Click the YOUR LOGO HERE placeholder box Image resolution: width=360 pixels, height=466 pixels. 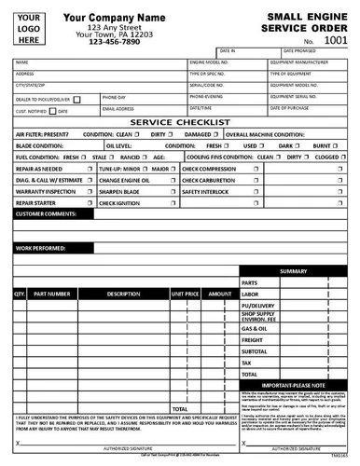29,29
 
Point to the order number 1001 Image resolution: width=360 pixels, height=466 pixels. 333,41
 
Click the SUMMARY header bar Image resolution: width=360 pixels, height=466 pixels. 294,271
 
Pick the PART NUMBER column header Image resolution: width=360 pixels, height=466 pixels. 52,294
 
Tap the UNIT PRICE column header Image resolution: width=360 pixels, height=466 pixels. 186,294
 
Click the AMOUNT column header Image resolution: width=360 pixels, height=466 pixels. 220,294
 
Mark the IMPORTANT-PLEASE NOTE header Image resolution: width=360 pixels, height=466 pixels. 294,384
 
